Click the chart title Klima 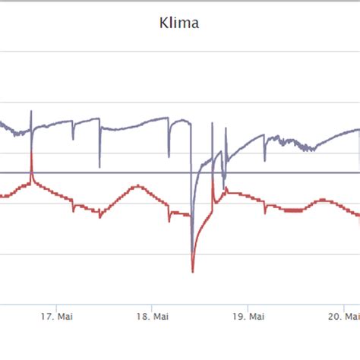[x=180, y=24]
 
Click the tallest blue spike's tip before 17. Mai [x=31, y=112]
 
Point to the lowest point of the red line [x=193, y=271]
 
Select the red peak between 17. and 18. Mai [x=137, y=185]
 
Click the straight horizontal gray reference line [x=114, y=172]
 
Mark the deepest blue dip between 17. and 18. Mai [x=99, y=166]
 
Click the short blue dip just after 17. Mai [x=74, y=140]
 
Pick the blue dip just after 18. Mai [x=170, y=155]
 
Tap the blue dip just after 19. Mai [x=264, y=160]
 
